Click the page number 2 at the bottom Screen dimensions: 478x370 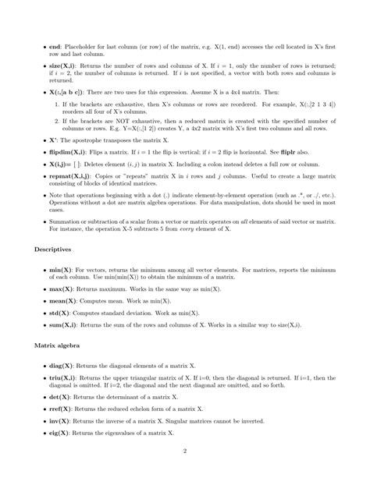click(x=185, y=451)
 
